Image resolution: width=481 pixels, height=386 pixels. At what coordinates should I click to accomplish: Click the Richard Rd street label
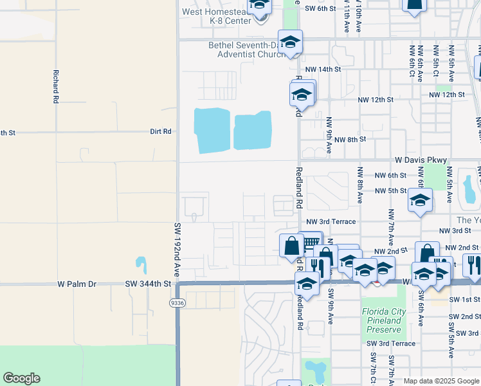coord(57,87)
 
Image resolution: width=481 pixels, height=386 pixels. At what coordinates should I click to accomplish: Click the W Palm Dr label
coord(77,283)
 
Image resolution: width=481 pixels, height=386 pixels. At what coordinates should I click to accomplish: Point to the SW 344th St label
coord(149,283)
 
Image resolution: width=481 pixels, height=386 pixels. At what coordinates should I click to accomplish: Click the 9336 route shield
coord(177,302)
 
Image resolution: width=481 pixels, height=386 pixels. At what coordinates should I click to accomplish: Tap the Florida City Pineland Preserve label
coord(384,320)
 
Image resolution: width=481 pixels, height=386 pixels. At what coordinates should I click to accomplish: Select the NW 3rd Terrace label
coord(331,221)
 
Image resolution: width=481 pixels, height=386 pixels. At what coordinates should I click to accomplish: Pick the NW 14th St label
coord(322,69)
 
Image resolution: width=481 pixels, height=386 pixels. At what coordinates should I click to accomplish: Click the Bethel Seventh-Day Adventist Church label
coord(246,50)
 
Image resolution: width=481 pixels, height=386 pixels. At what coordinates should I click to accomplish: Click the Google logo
coord(21,378)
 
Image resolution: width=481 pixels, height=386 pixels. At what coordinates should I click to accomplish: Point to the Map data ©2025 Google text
coord(440,381)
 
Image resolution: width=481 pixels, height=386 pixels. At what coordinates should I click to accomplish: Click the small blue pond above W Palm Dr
coord(140,264)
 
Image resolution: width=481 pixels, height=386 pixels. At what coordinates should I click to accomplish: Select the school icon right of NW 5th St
coord(420,201)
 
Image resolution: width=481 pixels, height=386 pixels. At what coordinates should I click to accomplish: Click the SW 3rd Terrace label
coord(391,344)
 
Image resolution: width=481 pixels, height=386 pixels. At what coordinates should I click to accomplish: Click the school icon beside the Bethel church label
coord(290,42)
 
